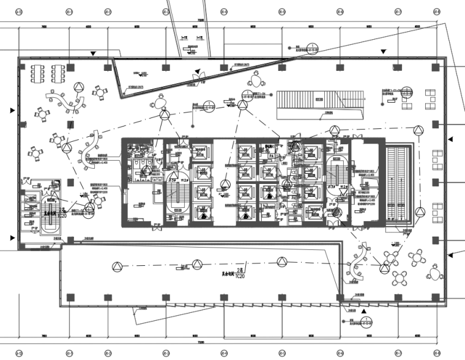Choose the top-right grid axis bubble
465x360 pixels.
pyautogui.click(x=436, y=12)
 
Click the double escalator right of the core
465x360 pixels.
pyautogui.click(x=401, y=184)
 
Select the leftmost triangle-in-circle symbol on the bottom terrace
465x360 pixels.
pyautogui.click(x=116, y=265)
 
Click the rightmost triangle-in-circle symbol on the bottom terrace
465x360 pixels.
pyautogui.click(x=282, y=262)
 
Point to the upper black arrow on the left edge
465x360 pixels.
pyautogui.click(x=12, y=111)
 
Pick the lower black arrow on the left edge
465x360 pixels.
pyautogui.click(x=12, y=238)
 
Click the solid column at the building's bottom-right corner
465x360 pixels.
pyautogui.click(x=436, y=297)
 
